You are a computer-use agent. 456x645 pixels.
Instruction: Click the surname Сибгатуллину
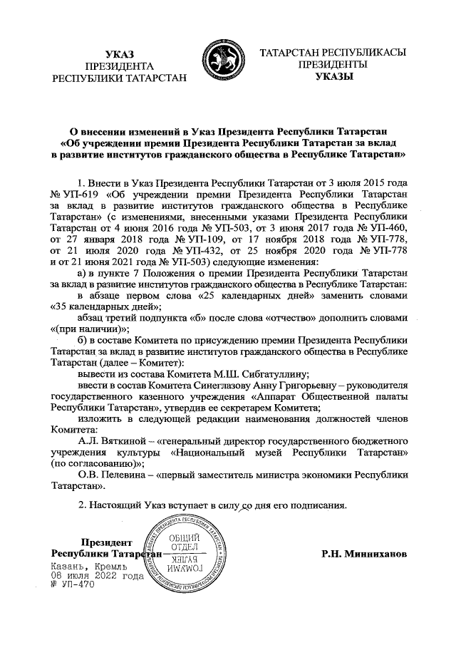coord(267,373)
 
